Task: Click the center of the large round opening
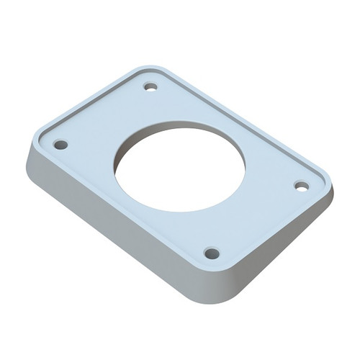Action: [x=179, y=166]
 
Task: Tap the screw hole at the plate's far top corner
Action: [x=150, y=87]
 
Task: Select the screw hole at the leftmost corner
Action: [x=61, y=145]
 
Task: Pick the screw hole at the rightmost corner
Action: [x=302, y=186]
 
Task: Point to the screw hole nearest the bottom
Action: [x=211, y=253]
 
